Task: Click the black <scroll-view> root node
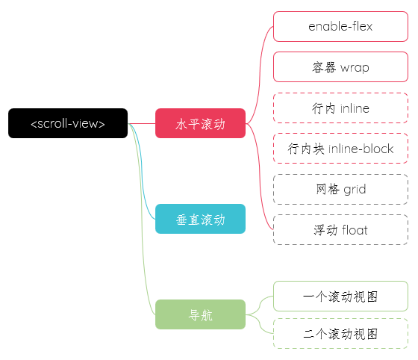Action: coord(68,123)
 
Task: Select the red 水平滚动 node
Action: coord(200,123)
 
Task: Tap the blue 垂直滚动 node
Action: coord(200,219)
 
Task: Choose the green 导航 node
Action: coord(200,314)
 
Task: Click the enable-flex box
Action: coord(340,26)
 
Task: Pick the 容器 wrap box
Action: coord(340,67)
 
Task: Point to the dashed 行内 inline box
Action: coord(340,108)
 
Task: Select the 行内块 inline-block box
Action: coord(340,149)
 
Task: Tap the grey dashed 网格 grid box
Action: coord(340,189)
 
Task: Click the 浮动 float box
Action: coord(340,229)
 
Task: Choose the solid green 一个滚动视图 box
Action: coord(340,296)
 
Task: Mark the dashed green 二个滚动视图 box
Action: coord(340,333)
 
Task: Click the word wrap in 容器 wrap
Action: coord(355,68)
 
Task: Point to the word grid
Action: coord(355,190)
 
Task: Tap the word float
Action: coord(355,230)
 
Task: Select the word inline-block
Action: coord(361,149)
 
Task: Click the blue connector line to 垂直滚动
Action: coord(142,171)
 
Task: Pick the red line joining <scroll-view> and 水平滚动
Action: coord(142,123)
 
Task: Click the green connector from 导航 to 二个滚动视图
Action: coord(260,323)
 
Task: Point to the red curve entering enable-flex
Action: coord(260,75)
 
